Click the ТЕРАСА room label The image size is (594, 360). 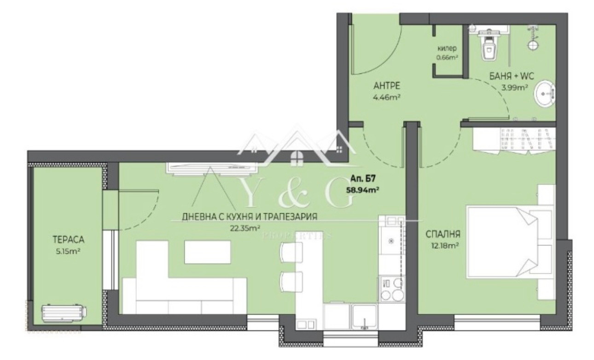tap(69, 239)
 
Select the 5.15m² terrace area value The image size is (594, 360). tap(68, 251)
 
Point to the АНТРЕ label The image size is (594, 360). tap(387, 86)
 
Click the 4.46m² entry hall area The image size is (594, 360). tap(387, 97)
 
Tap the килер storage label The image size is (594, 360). tap(447, 48)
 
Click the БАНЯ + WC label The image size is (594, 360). tap(512, 76)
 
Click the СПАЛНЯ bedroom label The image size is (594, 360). tap(443, 234)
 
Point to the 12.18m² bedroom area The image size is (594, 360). tap(445, 246)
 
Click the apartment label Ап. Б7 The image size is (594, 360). tap(363, 179)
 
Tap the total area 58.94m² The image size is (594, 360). tap(362, 190)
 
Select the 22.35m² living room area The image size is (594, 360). tap(245, 228)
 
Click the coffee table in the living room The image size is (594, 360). tap(207, 252)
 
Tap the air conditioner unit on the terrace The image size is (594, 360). tap(64, 313)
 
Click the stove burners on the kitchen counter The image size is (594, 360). tap(392, 289)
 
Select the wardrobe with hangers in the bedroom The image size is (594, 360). tap(514, 141)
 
